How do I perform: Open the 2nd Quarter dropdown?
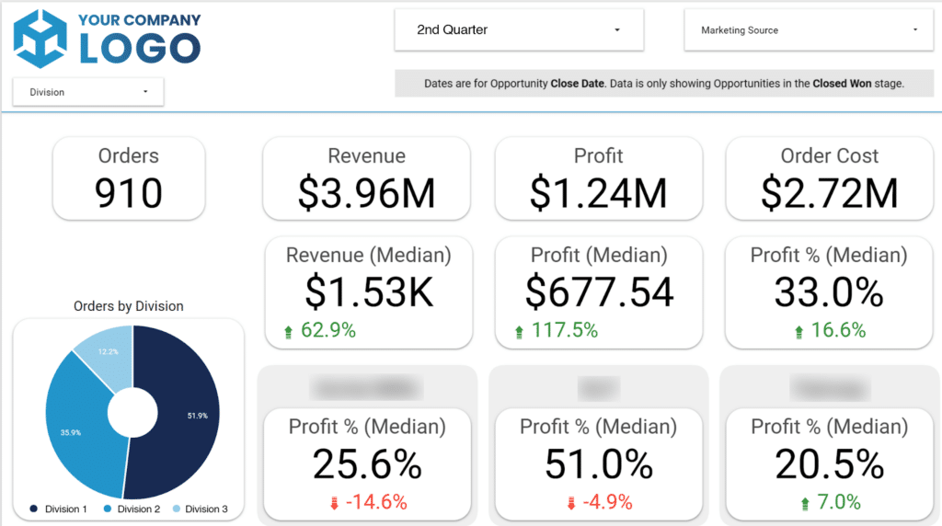518,30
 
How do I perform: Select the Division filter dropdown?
88,92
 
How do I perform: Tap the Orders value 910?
129,193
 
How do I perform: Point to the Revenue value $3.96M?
366,193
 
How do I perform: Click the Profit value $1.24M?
598,193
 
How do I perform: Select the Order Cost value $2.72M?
829,193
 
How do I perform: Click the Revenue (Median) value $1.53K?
368,292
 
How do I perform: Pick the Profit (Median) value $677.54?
599,292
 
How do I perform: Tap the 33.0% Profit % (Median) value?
829,292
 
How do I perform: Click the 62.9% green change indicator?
322,330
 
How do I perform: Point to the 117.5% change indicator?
557,330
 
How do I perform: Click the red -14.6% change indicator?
368,502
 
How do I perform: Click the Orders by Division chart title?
129,306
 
